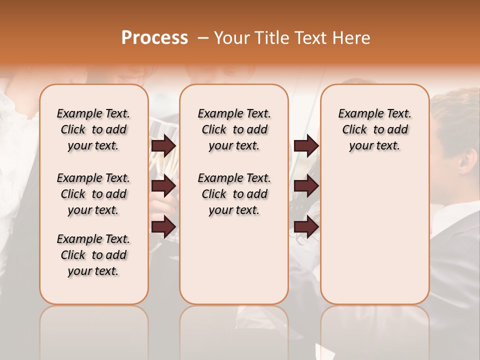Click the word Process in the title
click(x=154, y=38)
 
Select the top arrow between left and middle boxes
click(x=163, y=145)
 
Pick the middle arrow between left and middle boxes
click(x=163, y=186)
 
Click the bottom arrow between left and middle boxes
click(x=163, y=227)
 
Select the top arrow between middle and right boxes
click(x=306, y=145)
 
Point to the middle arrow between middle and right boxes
click(x=306, y=186)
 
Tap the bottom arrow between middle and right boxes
click(x=306, y=227)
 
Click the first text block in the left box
click(x=93, y=129)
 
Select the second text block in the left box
click(x=93, y=194)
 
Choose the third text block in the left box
click(x=93, y=255)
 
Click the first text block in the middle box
click(x=234, y=129)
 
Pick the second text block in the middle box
click(x=234, y=194)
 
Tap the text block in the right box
click(x=374, y=129)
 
